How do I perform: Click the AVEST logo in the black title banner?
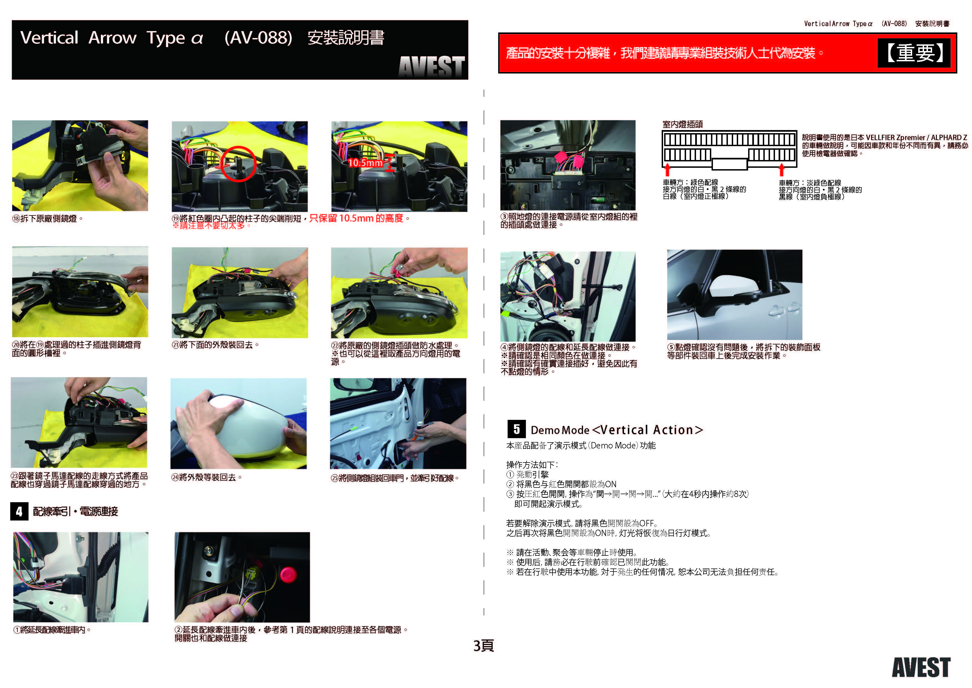point(431,67)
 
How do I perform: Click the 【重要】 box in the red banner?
point(914,53)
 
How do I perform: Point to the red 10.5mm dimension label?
point(365,163)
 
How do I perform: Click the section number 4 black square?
point(19,511)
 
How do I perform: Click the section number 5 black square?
point(516,429)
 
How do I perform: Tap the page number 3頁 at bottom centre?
point(484,646)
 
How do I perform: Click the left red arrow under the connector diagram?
point(667,169)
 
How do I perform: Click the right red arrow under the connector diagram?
point(781,169)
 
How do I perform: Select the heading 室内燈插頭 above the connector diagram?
point(682,124)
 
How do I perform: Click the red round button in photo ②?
point(288,575)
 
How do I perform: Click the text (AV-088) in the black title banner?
point(258,38)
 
